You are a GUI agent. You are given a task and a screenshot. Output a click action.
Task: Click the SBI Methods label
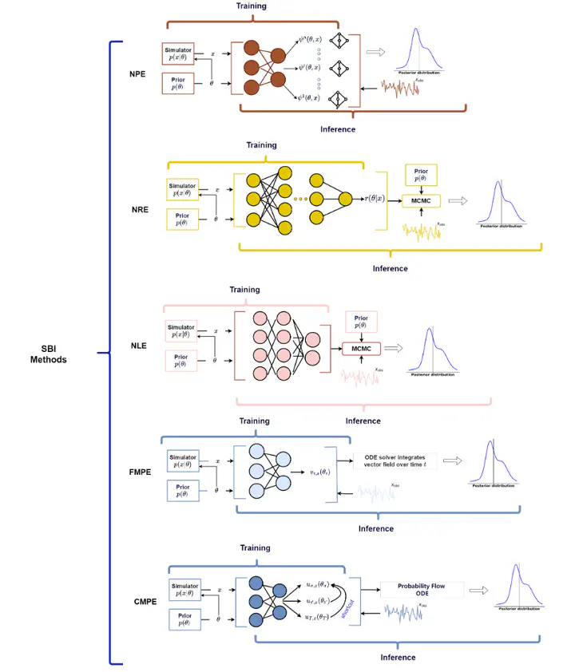pos(54,354)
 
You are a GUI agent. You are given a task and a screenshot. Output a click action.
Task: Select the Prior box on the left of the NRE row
pos(184,218)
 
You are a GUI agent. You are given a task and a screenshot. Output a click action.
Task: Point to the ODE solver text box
pos(395,461)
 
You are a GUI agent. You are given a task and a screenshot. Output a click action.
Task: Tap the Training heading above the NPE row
pos(252,6)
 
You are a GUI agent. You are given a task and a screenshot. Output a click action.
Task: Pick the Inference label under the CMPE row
pos(398,657)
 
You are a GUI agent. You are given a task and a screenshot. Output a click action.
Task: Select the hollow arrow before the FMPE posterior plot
pos(453,461)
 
